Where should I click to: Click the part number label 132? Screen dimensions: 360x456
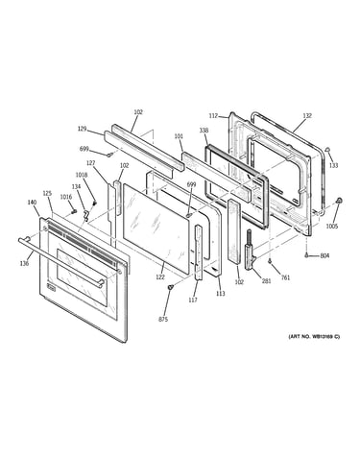pyautogui.click(x=307, y=116)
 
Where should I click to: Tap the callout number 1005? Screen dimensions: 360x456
pyautogui.click(x=332, y=227)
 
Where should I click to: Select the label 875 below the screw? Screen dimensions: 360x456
pyautogui.click(x=163, y=319)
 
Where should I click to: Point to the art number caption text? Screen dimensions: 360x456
pyautogui.click(x=314, y=336)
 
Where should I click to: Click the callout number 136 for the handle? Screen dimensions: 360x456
pyautogui.click(x=24, y=263)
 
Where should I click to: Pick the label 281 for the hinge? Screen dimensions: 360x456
pyautogui.click(x=266, y=281)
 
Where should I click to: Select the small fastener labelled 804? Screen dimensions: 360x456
pyautogui.click(x=306, y=255)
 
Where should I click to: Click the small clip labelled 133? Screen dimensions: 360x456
pyautogui.click(x=327, y=149)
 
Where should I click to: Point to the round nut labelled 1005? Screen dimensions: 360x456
pyautogui.click(x=339, y=201)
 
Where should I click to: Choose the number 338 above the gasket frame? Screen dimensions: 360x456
pyautogui.click(x=204, y=131)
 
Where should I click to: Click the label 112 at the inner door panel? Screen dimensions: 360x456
pyautogui.click(x=213, y=116)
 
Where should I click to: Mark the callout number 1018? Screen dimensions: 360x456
pyautogui.click(x=82, y=175)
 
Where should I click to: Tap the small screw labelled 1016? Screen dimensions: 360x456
pyautogui.click(x=75, y=211)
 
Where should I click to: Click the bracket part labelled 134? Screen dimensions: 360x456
pyautogui.click(x=85, y=215)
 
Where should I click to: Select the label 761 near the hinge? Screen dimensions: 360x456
pyautogui.click(x=285, y=277)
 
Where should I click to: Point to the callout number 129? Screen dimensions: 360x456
pyautogui.click(x=83, y=129)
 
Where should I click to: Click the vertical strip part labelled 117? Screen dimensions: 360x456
pyautogui.click(x=199, y=252)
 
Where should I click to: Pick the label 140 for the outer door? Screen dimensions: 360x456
pyautogui.click(x=32, y=203)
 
